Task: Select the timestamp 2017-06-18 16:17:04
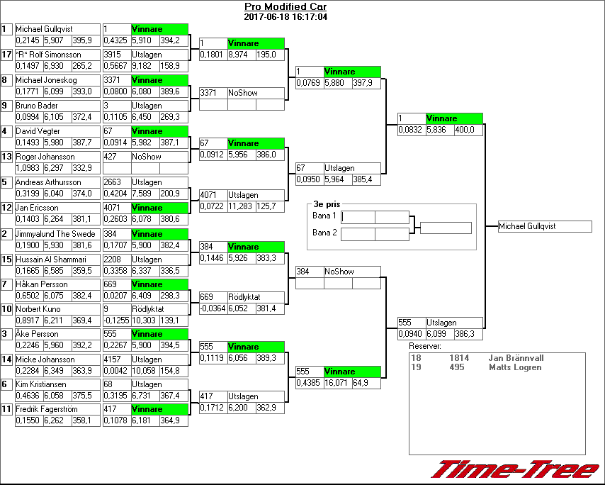[x=285, y=16]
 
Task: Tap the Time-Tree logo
[x=515, y=470]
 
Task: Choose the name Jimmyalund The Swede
[x=55, y=234]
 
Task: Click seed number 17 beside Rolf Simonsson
[x=6, y=55]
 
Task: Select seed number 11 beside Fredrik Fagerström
[x=6, y=409]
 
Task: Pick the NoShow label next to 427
[x=146, y=157]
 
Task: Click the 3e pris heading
[x=327, y=204]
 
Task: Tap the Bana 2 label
[x=324, y=233]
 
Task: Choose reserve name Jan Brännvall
[x=517, y=358]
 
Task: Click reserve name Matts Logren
[x=514, y=367]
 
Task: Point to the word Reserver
[x=425, y=346]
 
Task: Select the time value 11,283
[x=242, y=206]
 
